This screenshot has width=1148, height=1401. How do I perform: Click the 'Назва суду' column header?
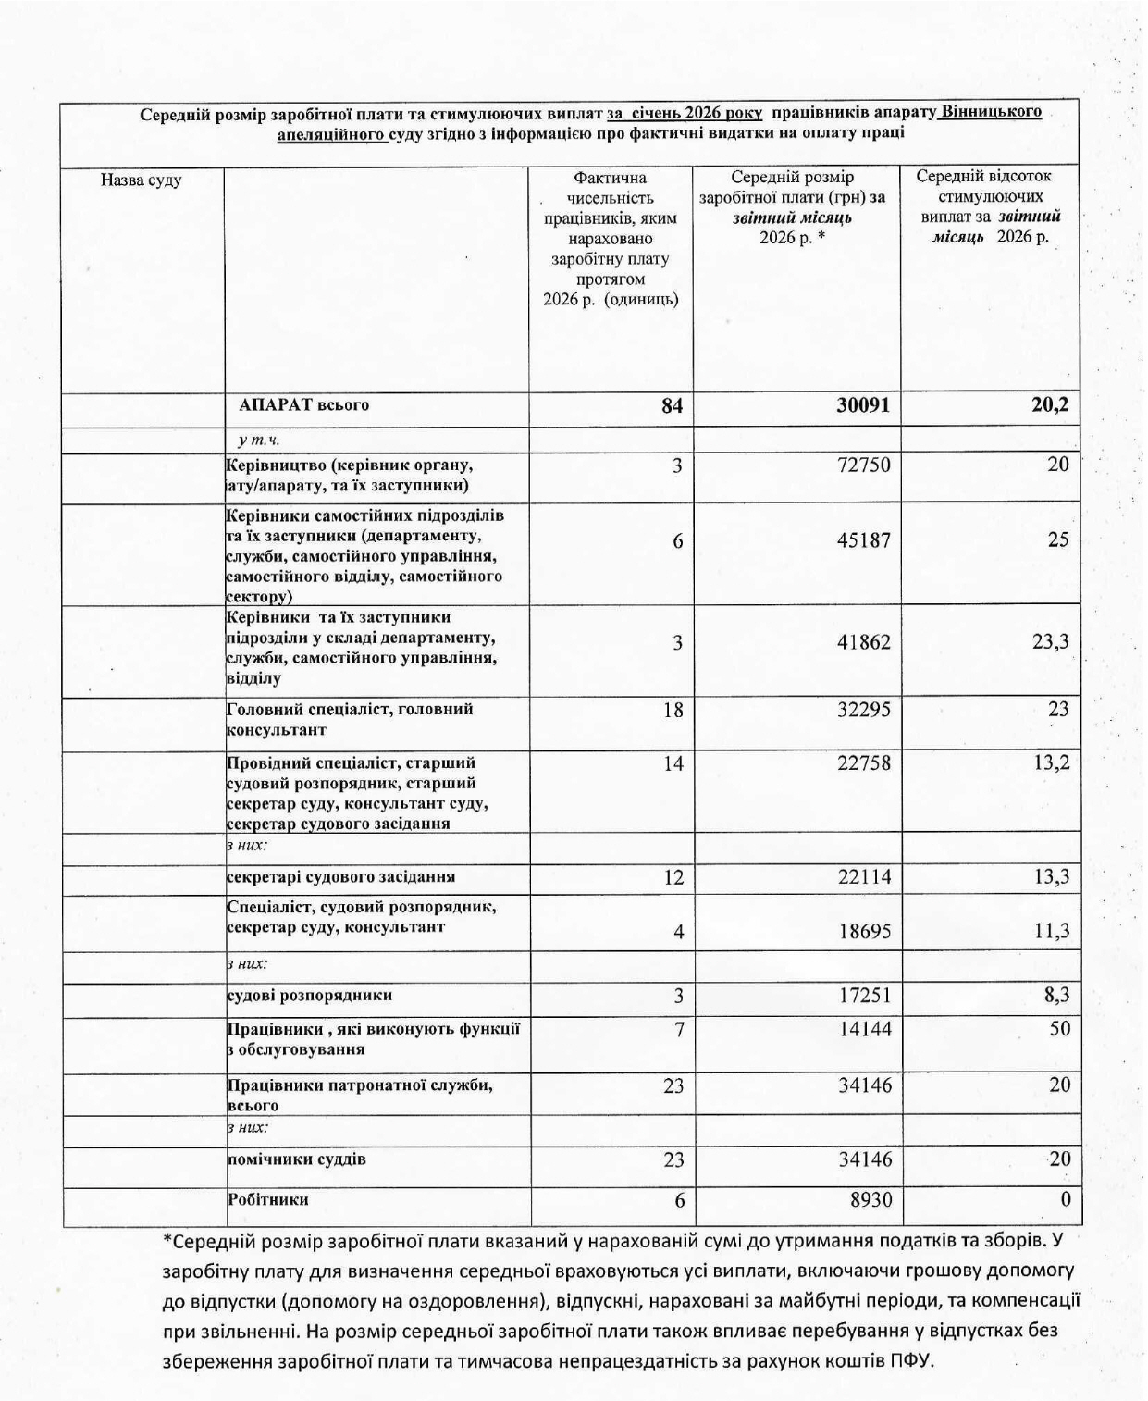coord(141,180)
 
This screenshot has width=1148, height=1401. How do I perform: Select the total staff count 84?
coord(673,406)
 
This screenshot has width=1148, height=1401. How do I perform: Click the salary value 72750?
coord(864,465)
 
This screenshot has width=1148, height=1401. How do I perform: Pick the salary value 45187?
coord(864,540)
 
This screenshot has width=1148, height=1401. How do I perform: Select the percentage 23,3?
coord(1051,641)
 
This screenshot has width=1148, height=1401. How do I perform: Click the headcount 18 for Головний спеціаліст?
coord(673,710)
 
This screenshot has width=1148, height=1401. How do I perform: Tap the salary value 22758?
coord(864,763)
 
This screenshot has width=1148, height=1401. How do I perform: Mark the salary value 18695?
coord(864,932)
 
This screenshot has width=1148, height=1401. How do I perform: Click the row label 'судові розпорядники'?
coord(310,996)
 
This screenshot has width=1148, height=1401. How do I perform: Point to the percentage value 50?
coord(1059,1028)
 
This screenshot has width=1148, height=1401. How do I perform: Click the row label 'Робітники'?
coord(268,1199)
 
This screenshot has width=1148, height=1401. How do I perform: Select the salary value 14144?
coord(864,1029)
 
